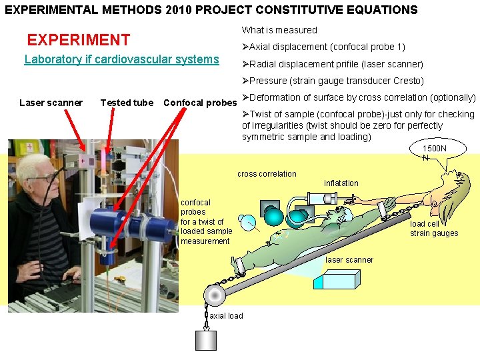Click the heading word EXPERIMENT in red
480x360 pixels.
pyautogui.click(x=78, y=41)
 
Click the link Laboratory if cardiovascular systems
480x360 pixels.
pyautogui.click(x=121, y=59)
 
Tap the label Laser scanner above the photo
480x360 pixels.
pyautogui.click(x=51, y=103)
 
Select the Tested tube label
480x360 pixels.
pyautogui.click(x=126, y=103)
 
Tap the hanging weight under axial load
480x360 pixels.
pyautogui.click(x=205, y=340)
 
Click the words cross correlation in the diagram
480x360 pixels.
pyautogui.click(x=267, y=174)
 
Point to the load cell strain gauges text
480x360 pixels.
pyautogui.click(x=434, y=229)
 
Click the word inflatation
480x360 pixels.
pyautogui.click(x=341, y=183)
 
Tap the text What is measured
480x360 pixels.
pyautogui.click(x=279, y=30)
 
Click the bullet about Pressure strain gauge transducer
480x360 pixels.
pyautogui.click(x=334, y=81)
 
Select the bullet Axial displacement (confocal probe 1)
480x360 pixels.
pyautogui.click(x=325, y=47)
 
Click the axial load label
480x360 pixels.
pyautogui.click(x=226, y=315)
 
